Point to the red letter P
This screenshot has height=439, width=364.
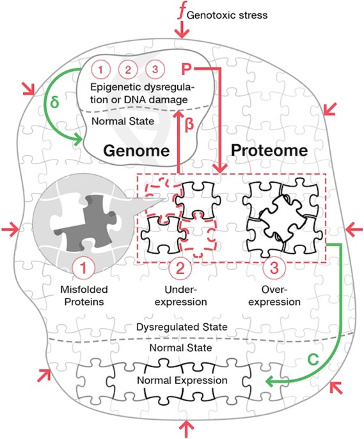click(x=187, y=70)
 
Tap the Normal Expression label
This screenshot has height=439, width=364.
click(x=181, y=381)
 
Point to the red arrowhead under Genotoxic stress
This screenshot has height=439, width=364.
click(x=182, y=31)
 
